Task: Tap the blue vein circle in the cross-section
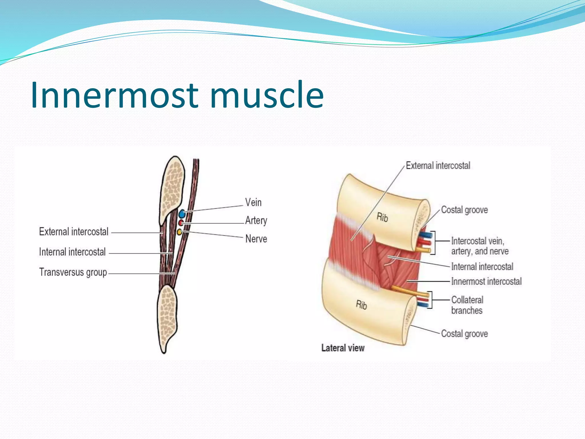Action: [182, 214]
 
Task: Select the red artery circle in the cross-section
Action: [181, 223]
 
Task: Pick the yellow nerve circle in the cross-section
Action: [179, 232]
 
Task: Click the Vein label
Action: [253, 202]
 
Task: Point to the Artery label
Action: [256, 220]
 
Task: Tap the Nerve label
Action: [256, 239]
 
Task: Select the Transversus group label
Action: [73, 272]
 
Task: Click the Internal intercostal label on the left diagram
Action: [72, 252]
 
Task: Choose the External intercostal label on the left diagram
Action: [74, 232]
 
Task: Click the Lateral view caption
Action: [343, 348]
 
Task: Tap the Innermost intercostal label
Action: [486, 282]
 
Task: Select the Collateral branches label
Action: [467, 305]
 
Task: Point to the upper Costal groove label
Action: [464, 210]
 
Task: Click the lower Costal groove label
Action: [464, 334]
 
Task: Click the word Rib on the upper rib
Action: [382, 217]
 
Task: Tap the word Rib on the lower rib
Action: [361, 305]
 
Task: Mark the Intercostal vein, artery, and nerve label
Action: [479, 246]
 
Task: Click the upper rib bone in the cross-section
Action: [172, 189]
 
